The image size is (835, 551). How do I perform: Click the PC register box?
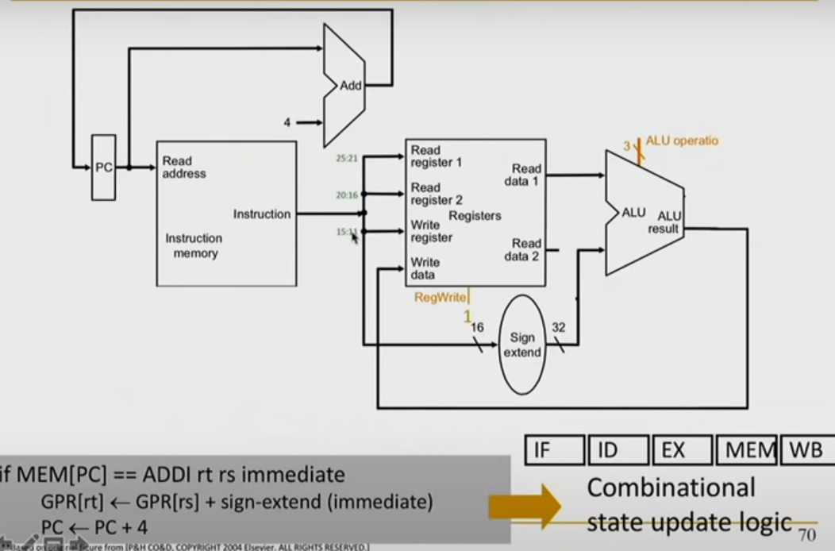104,168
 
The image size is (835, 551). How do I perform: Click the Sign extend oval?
522,345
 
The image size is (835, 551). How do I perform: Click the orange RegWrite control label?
441,297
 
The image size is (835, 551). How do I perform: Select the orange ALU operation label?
681,141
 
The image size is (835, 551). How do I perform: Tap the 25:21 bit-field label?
348,159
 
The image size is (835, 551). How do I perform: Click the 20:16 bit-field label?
348,195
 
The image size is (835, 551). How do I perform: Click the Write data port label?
425,268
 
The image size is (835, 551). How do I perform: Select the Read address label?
183,167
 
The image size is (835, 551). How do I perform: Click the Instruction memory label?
194,245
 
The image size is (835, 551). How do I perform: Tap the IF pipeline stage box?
554,450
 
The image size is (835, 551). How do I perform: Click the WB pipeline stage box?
806,450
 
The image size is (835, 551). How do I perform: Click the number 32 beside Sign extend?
558,327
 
